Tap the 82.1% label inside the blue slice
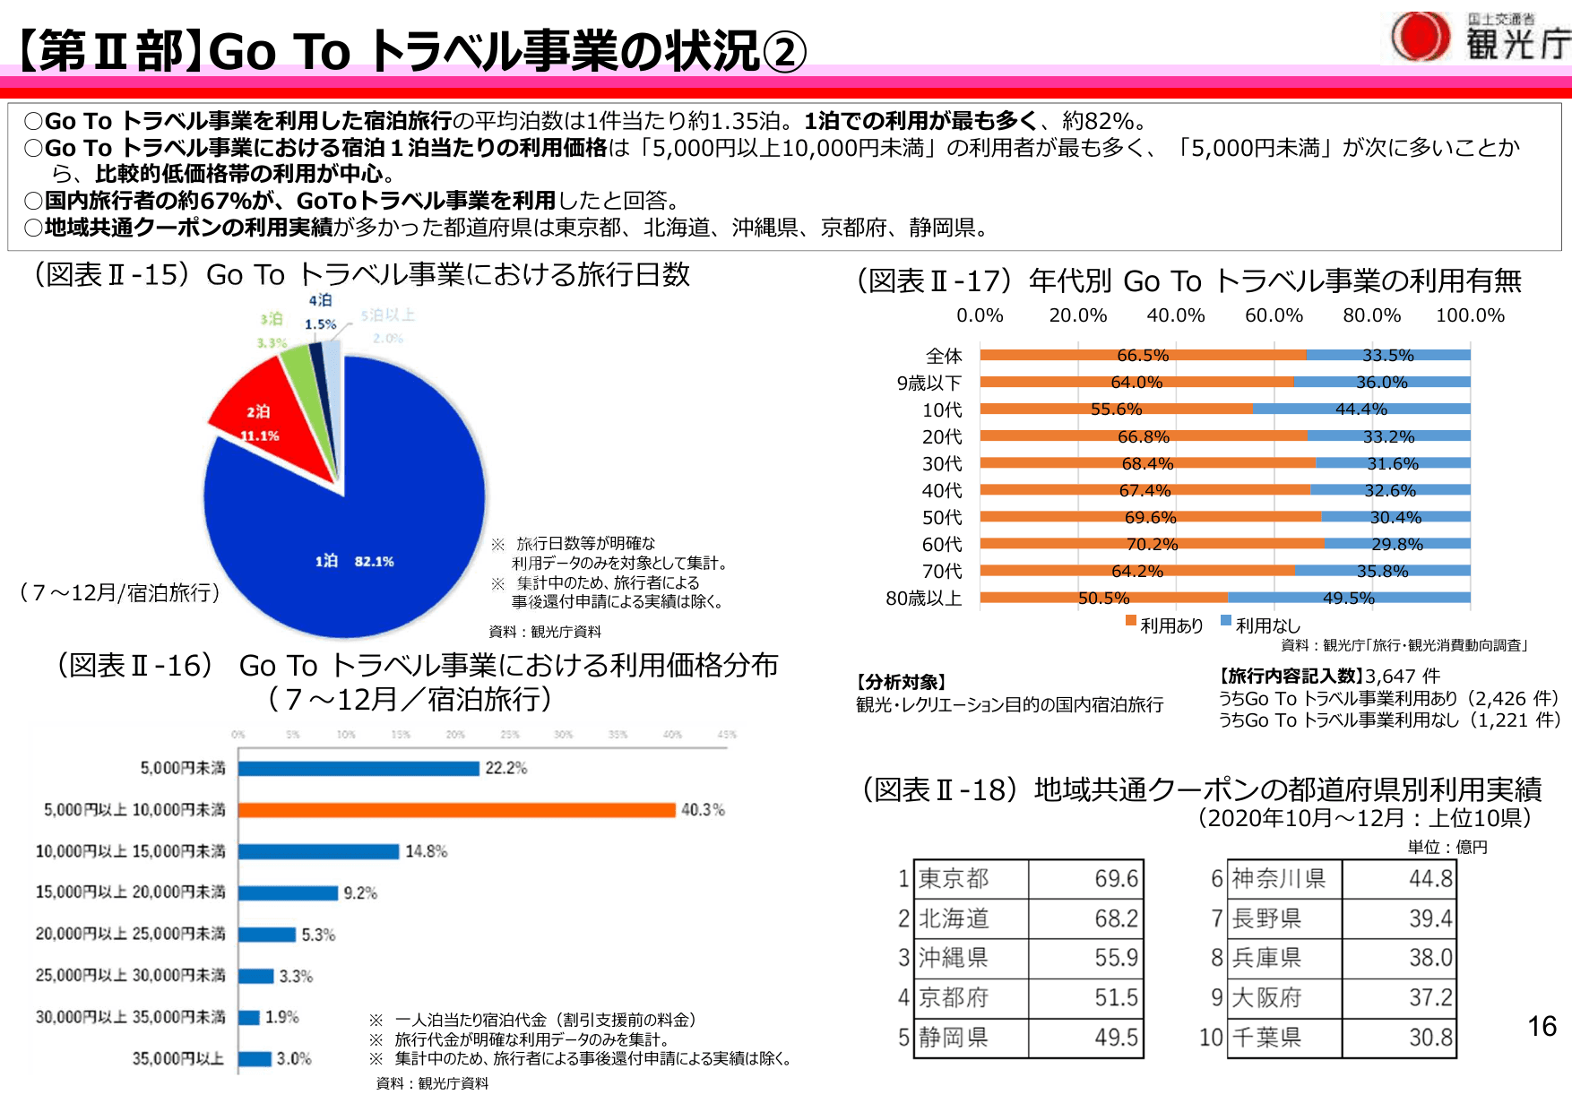(x=374, y=562)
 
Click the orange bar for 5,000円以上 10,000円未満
(x=456, y=810)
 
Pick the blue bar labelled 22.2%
(x=358, y=769)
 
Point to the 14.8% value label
(x=426, y=851)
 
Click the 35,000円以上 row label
(x=178, y=1059)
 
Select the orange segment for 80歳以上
(x=1103, y=598)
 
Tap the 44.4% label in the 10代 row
(x=1360, y=409)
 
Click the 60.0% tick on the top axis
(x=1274, y=315)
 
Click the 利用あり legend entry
(x=1164, y=625)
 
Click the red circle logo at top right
(x=1420, y=37)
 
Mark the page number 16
(x=1542, y=1026)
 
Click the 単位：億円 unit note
(x=1447, y=848)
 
